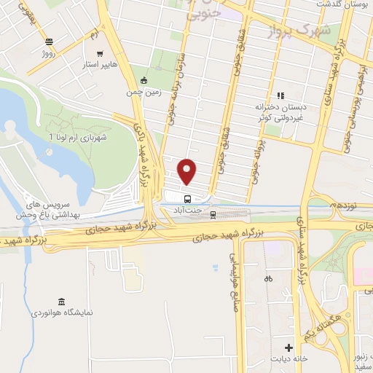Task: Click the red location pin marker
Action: (x=187, y=172)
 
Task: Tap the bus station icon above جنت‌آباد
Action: (x=187, y=198)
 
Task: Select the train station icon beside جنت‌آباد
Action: (x=213, y=214)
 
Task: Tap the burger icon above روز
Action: (x=49, y=42)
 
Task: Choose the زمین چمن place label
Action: (x=144, y=93)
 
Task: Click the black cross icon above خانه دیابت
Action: (x=288, y=348)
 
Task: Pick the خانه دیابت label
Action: (x=290, y=359)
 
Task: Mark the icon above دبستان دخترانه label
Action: (x=280, y=95)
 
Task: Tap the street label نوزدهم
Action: (x=343, y=206)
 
